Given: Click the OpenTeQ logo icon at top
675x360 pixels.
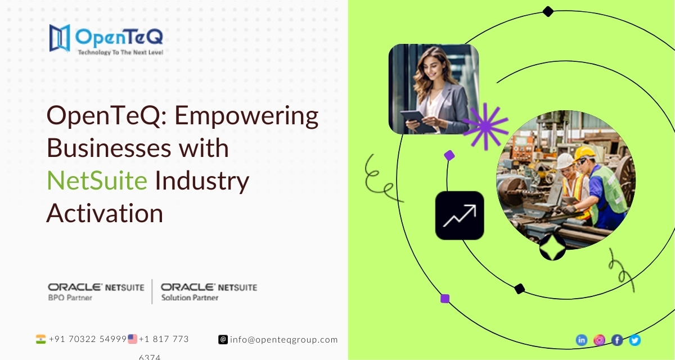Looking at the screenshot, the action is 60,38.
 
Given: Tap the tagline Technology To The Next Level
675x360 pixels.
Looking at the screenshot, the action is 120,52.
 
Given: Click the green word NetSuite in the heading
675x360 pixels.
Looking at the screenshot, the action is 97,181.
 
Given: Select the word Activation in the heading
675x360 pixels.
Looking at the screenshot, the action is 105,213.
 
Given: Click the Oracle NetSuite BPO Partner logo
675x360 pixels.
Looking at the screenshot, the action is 96,292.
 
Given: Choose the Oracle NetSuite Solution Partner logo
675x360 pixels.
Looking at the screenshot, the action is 209,292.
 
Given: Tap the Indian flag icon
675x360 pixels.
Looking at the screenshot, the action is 40,339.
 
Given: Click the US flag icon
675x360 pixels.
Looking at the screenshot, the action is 132,339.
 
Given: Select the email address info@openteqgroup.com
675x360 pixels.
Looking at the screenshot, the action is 284,340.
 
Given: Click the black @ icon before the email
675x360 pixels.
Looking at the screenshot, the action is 223,340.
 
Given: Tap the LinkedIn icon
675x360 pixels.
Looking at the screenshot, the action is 582,340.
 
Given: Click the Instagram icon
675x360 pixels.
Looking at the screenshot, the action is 600,340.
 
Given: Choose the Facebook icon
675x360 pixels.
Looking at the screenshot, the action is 617,340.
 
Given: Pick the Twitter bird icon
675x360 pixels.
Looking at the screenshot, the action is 635,340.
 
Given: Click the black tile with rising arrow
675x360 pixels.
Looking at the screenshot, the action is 460,215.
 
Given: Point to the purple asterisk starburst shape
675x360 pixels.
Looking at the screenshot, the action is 485,126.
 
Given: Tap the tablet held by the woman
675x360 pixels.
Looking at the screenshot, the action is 417,120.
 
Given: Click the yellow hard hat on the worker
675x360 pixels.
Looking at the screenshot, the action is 584,154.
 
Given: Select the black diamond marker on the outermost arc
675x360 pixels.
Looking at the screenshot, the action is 548,11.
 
